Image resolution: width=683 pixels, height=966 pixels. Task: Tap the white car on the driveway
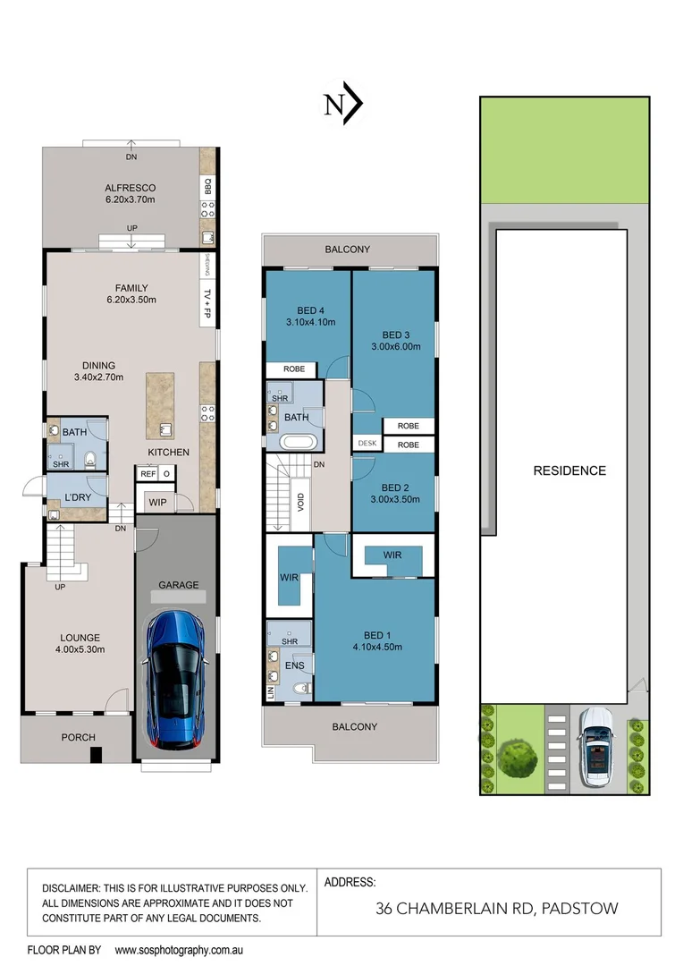(593, 748)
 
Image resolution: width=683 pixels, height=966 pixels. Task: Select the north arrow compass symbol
(342, 105)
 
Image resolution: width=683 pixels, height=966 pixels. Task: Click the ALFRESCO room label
(126, 188)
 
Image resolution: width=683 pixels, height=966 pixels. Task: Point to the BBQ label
(207, 187)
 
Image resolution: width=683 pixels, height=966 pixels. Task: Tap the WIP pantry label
(158, 503)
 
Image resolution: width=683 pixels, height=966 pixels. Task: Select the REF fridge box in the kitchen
(148, 474)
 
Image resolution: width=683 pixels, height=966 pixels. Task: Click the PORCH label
(78, 737)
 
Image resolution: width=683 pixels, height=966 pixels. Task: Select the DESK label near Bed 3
(367, 443)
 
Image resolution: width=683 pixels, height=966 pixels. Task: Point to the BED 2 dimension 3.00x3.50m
(393, 500)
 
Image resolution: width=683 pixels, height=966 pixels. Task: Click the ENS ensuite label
(295, 665)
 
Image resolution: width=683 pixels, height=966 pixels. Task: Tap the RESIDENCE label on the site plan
(569, 470)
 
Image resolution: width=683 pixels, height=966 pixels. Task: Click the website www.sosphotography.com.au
(180, 950)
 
